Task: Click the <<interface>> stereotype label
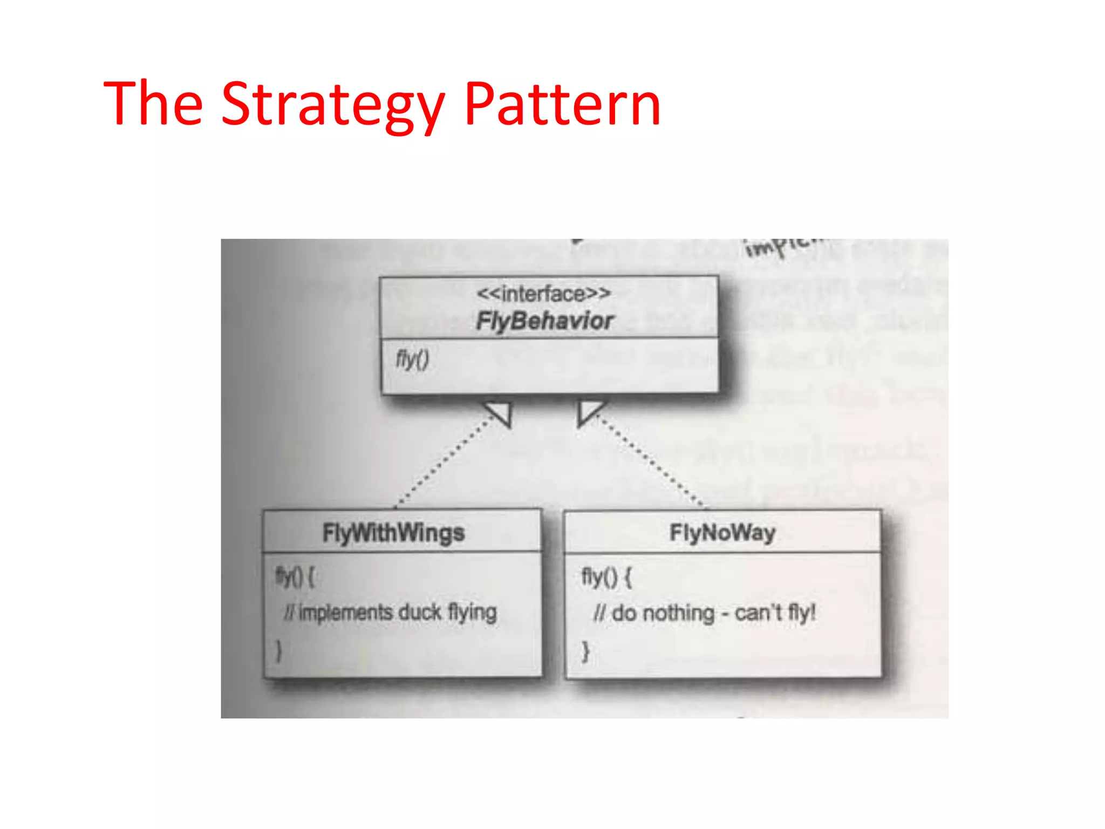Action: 544,294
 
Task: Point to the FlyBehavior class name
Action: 544,322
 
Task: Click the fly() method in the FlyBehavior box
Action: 413,359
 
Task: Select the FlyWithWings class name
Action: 393,533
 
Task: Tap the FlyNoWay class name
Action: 722,533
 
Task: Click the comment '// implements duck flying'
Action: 390,613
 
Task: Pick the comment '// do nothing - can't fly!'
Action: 704,613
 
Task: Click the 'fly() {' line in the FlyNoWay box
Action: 606,577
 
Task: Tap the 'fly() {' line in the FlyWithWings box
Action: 295,577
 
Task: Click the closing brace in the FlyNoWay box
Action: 585,651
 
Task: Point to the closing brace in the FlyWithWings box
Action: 278,651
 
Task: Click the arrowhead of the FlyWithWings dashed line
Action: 501,412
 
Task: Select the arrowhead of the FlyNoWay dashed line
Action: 589,412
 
